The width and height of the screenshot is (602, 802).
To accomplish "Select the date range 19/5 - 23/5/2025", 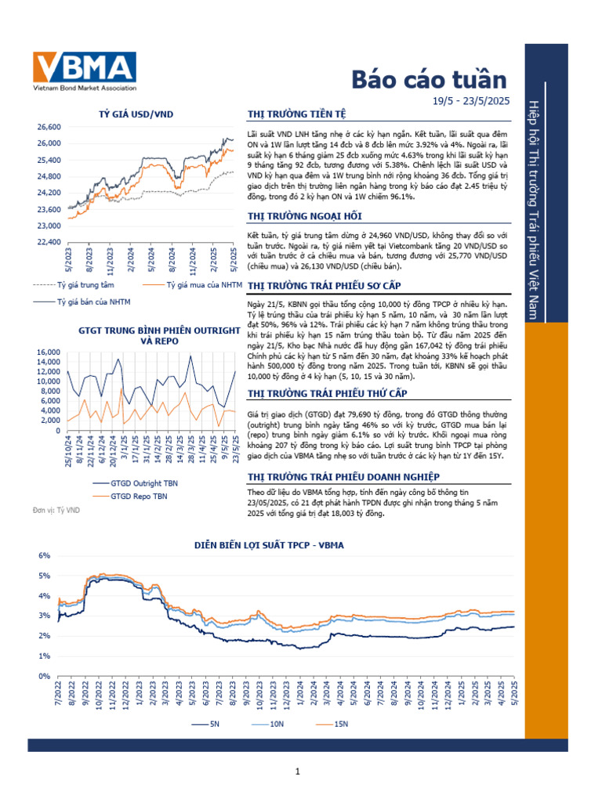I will [x=471, y=100].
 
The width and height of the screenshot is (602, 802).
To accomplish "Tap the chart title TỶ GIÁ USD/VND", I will [x=136, y=114].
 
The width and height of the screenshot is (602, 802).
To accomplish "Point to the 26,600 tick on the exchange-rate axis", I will [x=49, y=126].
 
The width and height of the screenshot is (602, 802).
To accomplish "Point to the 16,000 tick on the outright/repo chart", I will [x=48, y=352].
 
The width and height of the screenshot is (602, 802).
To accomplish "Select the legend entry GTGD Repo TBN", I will [x=138, y=496].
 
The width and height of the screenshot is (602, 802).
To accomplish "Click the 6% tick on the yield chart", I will [x=45, y=555].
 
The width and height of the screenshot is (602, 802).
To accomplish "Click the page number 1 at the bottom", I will [x=299, y=774].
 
